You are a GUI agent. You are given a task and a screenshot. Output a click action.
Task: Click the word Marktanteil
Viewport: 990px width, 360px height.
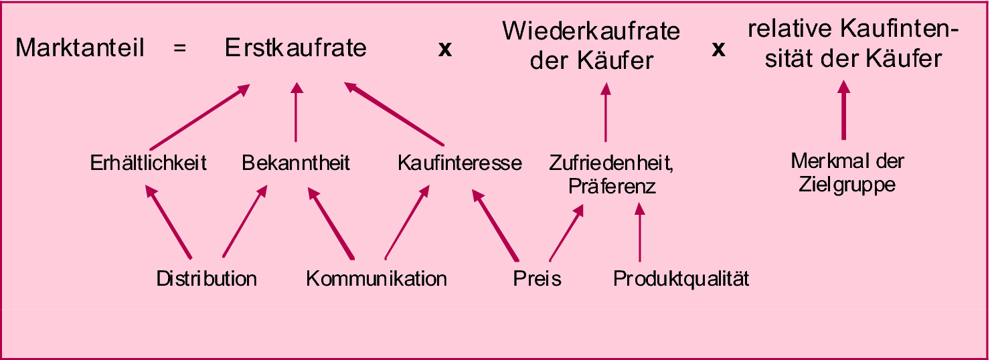(80, 49)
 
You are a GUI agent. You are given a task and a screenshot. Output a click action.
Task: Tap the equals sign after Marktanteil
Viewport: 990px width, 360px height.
(179, 49)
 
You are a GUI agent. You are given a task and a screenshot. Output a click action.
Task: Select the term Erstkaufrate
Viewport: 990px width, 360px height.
(296, 49)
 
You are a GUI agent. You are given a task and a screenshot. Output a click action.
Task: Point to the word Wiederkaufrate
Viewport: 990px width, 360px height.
(591, 31)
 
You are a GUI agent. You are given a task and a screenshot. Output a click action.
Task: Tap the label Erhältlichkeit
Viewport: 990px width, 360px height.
(148, 163)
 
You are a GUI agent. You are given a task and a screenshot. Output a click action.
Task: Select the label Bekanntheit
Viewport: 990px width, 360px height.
(296, 163)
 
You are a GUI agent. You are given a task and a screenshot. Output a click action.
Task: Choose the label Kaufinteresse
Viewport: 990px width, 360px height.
(459, 163)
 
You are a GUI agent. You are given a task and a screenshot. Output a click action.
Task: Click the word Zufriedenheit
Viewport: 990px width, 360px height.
(610, 163)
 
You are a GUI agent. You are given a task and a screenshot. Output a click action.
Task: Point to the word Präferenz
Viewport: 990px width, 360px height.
(612, 187)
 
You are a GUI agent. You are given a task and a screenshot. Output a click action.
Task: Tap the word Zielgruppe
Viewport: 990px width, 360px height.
(847, 185)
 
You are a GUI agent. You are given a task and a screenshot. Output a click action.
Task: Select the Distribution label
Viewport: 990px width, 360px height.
(207, 278)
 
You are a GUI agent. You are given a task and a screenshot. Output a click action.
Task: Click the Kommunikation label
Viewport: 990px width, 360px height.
(376, 278)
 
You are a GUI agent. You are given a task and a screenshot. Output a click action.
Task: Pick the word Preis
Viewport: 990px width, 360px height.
(537, 278)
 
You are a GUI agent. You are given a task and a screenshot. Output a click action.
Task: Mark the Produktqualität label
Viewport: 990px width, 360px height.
(681, 278)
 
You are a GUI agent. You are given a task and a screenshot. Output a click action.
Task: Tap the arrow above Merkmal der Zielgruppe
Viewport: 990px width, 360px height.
(843, 110)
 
